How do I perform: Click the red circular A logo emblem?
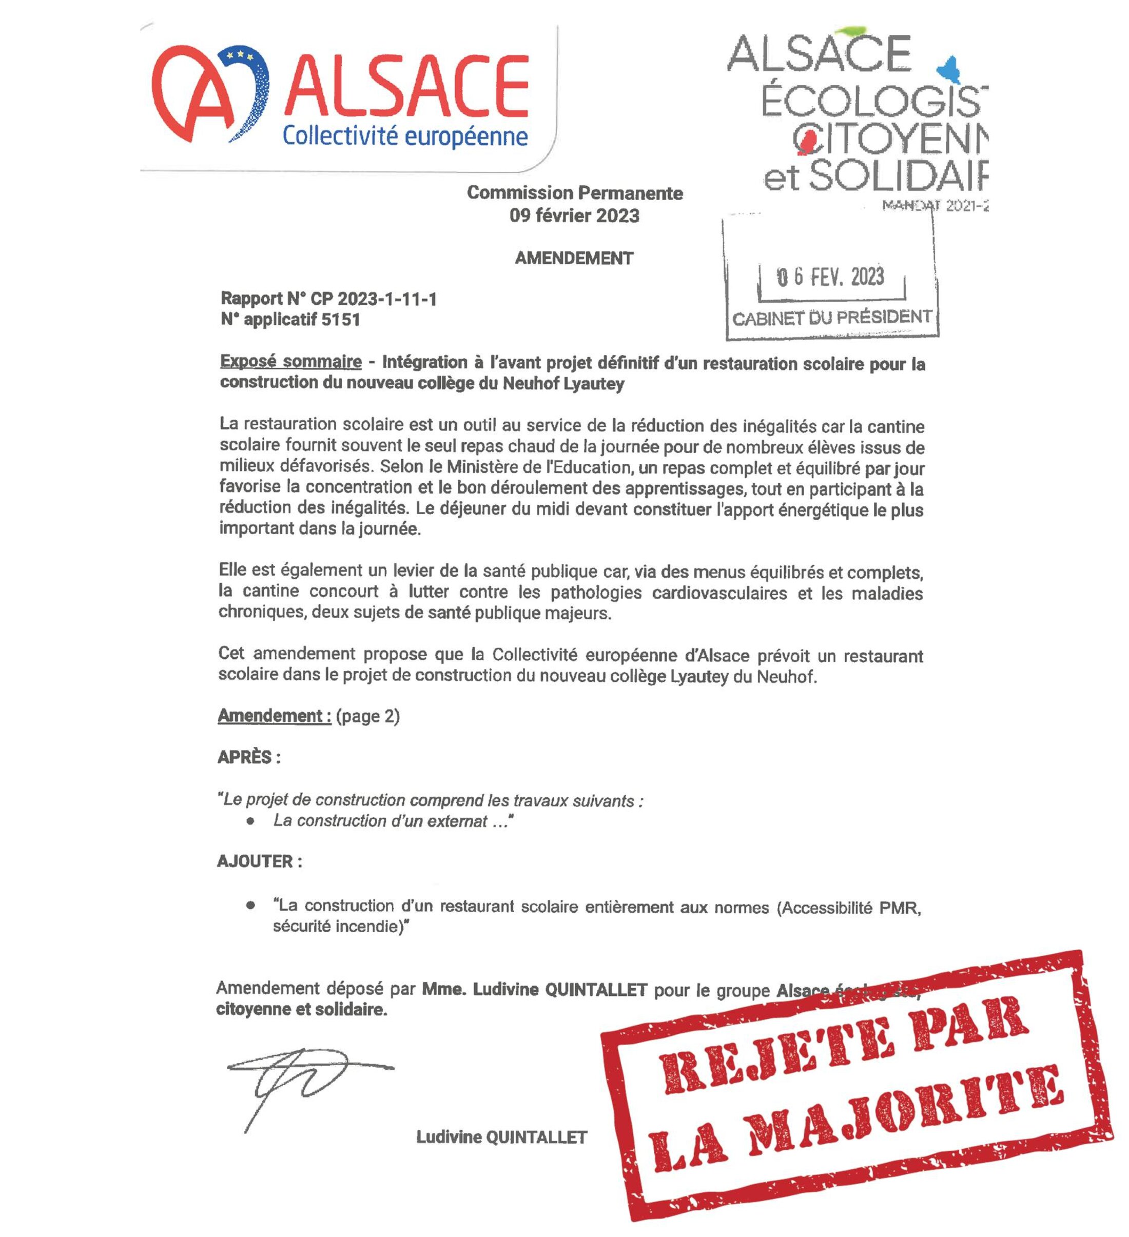pos(209,92)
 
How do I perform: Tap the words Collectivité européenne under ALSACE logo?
pos(404,136)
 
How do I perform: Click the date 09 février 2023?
pos(574,216)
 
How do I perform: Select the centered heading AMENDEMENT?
pos(574,258)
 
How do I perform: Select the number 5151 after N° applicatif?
pos(341,320)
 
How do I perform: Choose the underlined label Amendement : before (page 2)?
pos(274,716)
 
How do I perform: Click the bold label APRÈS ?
pos(248,757)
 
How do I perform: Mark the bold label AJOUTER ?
pos(259,861)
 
